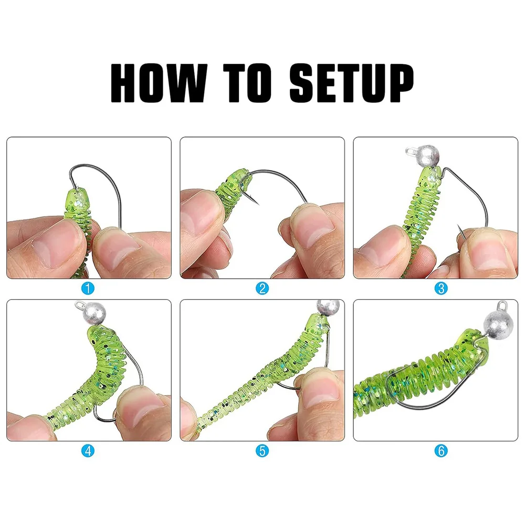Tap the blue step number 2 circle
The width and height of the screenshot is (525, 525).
click(x=262, y=288)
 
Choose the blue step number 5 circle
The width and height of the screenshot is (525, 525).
click(x=262, y=450)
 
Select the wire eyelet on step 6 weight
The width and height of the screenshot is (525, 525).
click(x=502, y=303)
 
